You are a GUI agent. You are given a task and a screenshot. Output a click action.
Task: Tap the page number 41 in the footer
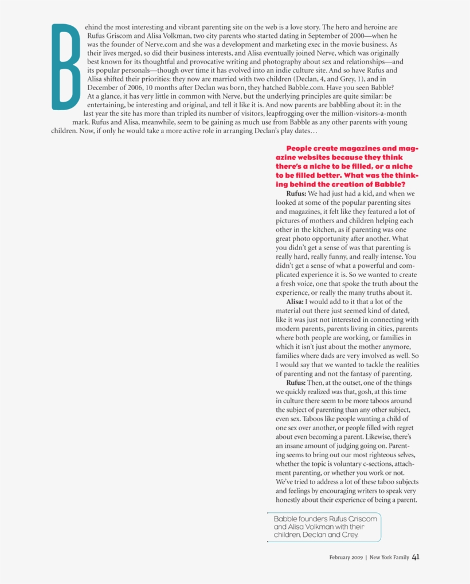(416, 556)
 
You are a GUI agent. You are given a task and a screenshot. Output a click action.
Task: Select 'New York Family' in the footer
(389, 557)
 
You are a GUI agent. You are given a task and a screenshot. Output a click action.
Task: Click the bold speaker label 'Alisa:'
(295, 302)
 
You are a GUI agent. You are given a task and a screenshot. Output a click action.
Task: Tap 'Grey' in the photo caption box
(347, 535)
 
